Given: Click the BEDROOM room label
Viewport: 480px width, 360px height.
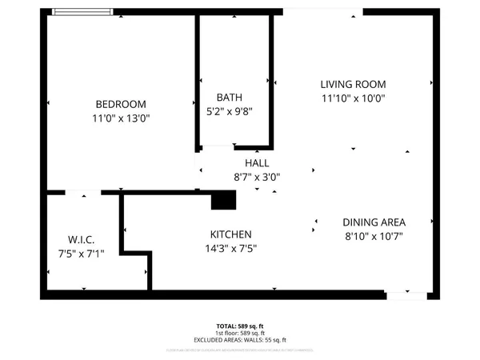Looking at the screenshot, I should coord(121,104).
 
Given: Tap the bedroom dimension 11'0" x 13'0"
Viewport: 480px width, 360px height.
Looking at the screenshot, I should coord(121,118).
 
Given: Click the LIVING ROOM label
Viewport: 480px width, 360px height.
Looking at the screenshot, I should coord(353,84).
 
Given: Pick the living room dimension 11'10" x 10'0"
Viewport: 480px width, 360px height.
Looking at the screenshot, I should coord(353,98).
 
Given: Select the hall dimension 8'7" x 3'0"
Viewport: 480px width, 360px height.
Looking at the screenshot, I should coord(257,177).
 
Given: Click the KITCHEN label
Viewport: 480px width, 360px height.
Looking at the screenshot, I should coord(231,234).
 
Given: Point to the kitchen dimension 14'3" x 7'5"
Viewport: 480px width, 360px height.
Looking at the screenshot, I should coord(231,248).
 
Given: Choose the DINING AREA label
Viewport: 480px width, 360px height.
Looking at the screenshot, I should coord(374,222).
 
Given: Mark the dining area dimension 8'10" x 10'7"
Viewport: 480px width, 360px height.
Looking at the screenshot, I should coord(374,237).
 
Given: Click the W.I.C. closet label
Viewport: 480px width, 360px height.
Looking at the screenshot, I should coord(82,240).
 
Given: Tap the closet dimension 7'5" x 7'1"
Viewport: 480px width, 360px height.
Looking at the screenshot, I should coord(82,254).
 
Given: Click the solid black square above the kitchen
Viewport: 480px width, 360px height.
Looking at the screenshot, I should coord(223,200).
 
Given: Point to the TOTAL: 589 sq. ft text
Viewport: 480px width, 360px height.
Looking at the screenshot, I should coord(240,326).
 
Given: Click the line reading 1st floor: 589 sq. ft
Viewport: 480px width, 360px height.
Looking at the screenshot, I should coord(240,333).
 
